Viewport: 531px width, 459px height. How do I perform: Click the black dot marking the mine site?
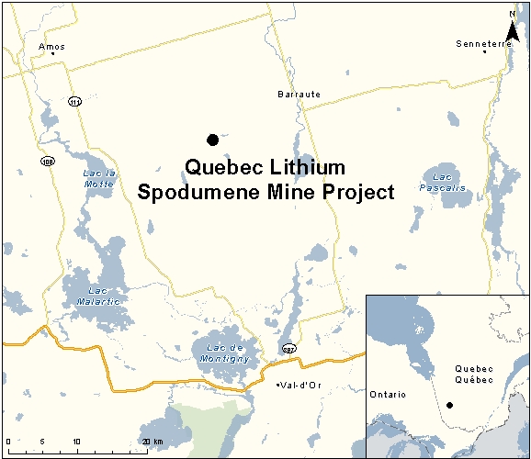coord(212,140)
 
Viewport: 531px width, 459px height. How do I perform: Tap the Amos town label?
coord(52,45)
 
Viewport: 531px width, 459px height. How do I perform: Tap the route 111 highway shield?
coord(73,101)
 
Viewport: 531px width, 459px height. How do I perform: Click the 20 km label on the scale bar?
coord(152,442)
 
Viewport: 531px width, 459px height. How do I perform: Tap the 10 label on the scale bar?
coord(75,442)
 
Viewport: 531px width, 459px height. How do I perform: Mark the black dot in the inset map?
coord(449,405)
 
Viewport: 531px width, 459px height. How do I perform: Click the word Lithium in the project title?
coord(302,168)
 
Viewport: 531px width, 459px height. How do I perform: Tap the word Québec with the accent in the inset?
coord(475,379)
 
